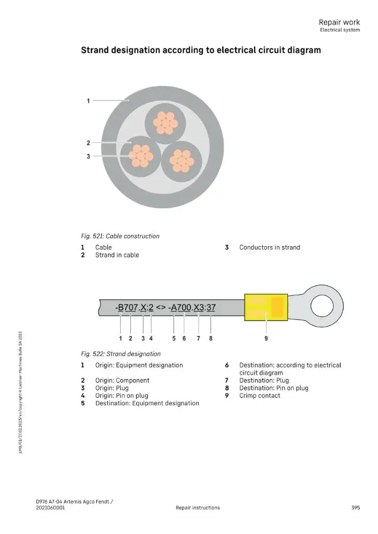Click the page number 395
tap(356, 507)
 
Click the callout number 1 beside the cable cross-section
tap(88, 101)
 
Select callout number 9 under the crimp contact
tap(266, 338)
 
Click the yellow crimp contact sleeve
tap(266, 307)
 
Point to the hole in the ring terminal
tap(322, 306)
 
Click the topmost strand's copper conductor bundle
tap(165, 123)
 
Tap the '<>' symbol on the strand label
tap(161, 308)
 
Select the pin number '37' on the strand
tap(211, 308)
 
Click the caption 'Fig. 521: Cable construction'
tap(120, 236)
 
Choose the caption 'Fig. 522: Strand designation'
tap(121, 354)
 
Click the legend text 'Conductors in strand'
tap(270, 247)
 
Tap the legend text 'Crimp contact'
tap(260, 395)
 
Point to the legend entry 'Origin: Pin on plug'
tap(122, 395)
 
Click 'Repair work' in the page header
tap(339, 22)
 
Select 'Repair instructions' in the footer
tap(198, 507)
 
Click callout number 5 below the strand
tap(174, 338)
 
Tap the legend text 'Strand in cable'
tap(117, 255)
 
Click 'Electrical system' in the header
tap(340, 30)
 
